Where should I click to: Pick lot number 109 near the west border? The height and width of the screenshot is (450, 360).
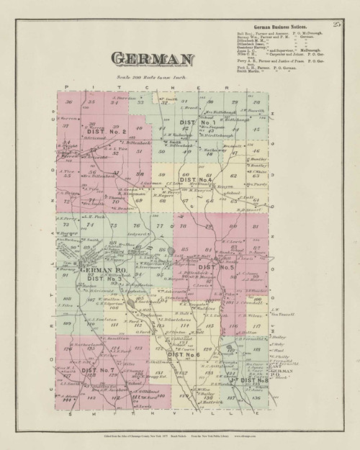69,325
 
